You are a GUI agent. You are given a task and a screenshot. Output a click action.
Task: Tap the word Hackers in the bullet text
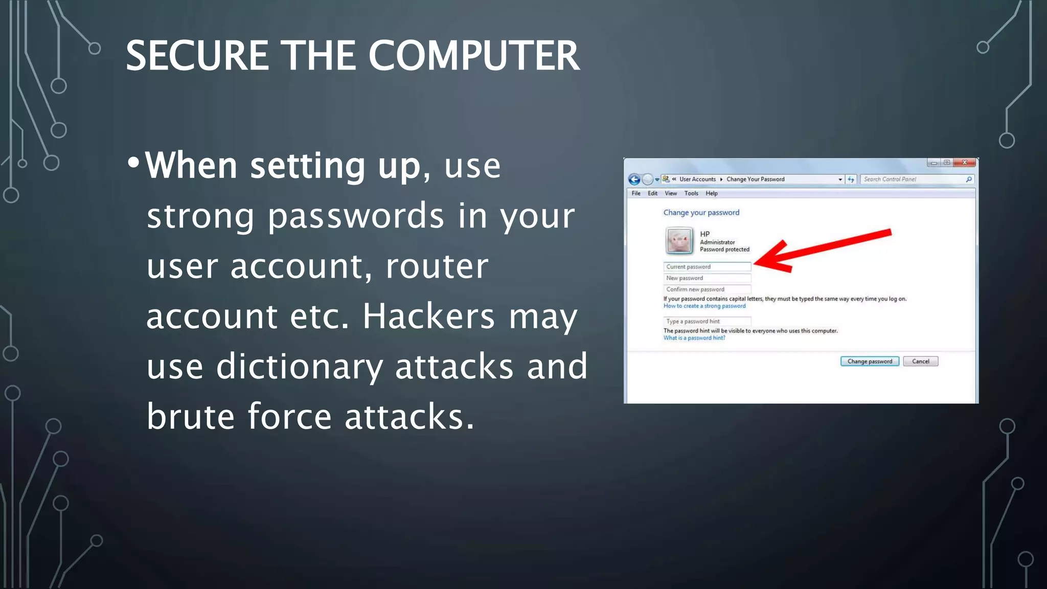click(428, 316)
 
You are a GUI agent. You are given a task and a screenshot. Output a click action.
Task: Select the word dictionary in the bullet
click(299, 367)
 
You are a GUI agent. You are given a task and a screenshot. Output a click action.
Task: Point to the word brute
click(190, 417)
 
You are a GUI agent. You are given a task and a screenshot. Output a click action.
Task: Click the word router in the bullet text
click(437, 266)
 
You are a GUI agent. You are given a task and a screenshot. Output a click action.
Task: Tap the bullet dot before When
click(133, 163)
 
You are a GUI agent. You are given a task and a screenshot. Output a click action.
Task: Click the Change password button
click(869, 361)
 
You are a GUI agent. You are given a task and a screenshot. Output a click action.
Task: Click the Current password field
click(707, 267)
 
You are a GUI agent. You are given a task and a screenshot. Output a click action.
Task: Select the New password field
click(707, 278)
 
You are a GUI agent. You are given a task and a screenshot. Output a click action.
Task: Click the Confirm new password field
click(707, 289)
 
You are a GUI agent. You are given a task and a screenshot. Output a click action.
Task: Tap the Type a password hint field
click(707, 322)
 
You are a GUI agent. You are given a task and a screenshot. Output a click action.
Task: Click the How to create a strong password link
click(704, 306)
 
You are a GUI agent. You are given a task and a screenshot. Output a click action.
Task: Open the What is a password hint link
click(694, 338)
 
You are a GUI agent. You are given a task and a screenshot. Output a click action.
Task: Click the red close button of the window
click(965, 163)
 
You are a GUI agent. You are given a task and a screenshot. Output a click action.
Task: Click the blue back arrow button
click(634, 179)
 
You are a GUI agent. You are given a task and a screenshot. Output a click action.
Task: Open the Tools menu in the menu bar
click(691, 193)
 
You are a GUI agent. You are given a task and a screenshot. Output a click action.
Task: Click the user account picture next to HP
click(679, 240)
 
